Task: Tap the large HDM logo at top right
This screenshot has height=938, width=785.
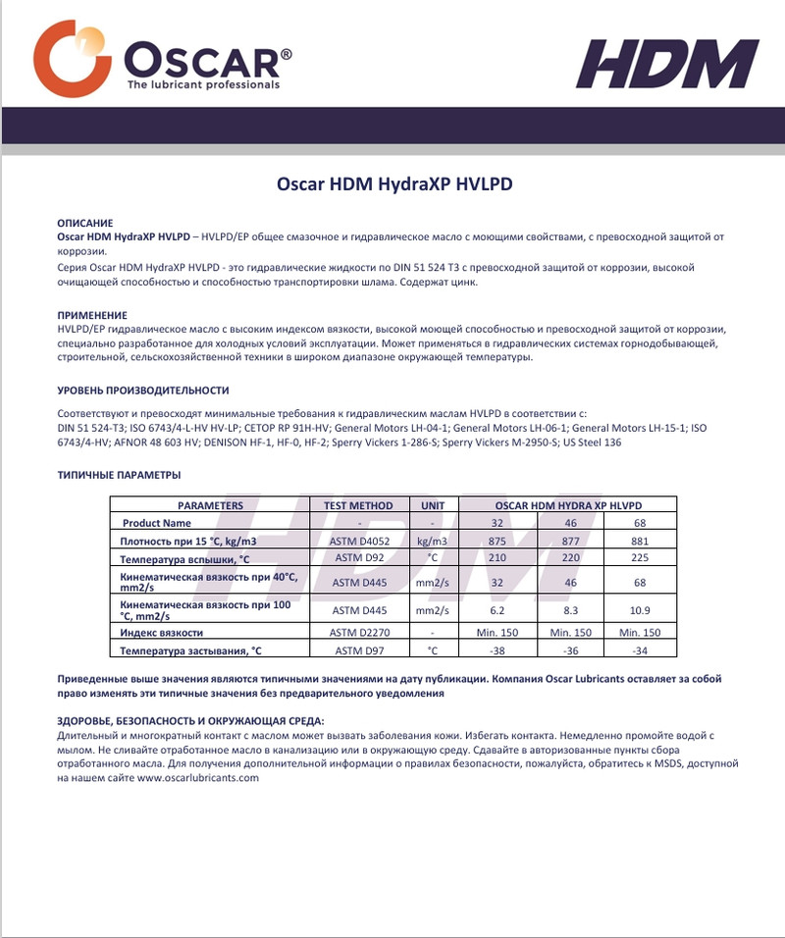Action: (x=666, y=65)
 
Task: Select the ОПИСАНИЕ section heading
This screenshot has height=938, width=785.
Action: (x=85, y=224)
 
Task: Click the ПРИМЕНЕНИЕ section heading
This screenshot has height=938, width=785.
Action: (x=92, y=315)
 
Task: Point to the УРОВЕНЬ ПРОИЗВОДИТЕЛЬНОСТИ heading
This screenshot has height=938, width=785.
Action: (x=142, y=391)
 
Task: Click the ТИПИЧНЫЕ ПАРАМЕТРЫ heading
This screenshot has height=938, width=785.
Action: (x=119, y=475)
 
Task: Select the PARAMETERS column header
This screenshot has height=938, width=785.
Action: (x=209, y=506)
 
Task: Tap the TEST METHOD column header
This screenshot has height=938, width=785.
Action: (x=358, y=506)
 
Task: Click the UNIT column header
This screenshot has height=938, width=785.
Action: (x=432, y=506)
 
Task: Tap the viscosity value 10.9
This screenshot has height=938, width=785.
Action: (x=640, y=610)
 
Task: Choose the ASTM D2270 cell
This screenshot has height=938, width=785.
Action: (x=358, y=633)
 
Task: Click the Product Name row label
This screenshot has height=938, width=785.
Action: (x=157, y=524)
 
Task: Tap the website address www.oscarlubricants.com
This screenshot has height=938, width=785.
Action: (x=197, y=778)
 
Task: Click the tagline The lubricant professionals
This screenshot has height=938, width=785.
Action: (x=203, y=84)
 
